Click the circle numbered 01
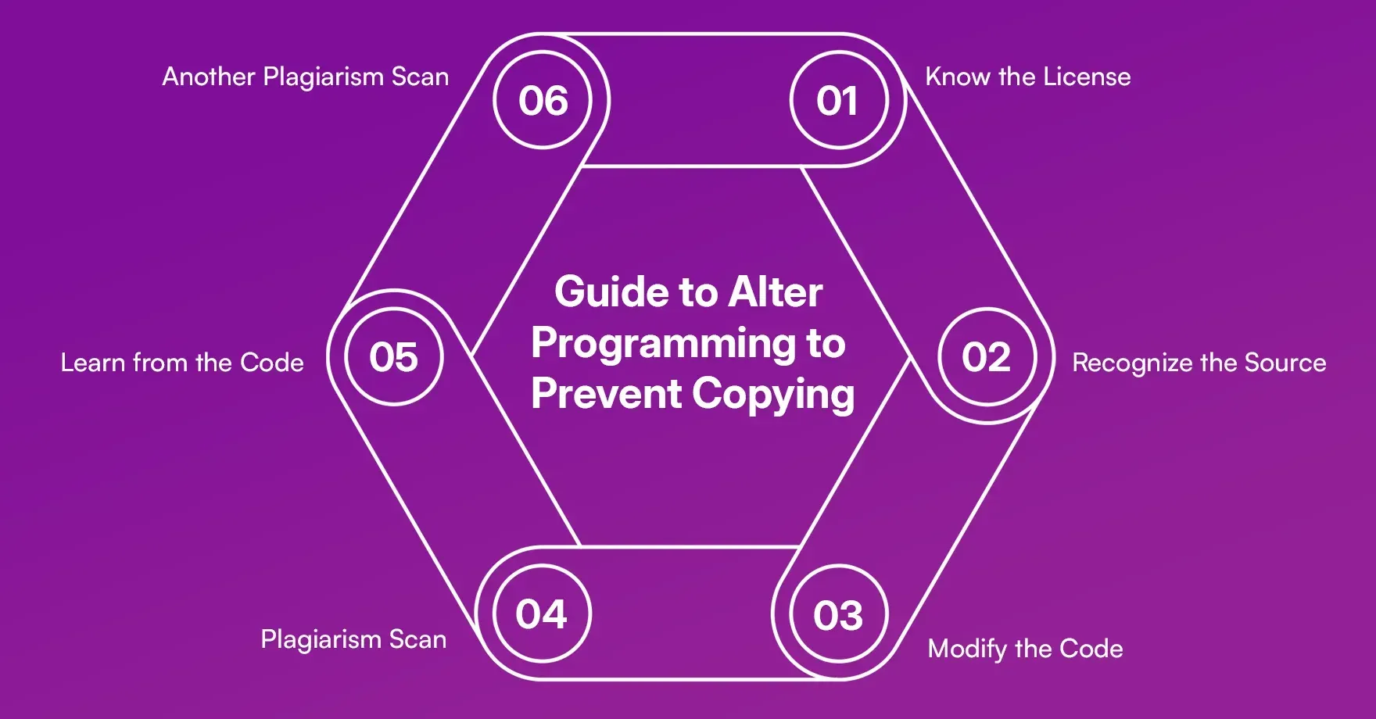(838, 101)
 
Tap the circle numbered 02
(987, 357)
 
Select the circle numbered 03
(838, 614)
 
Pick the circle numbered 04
(542, 613)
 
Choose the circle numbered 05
(394, 357)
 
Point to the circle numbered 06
(543, 101)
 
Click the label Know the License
(1027, 77)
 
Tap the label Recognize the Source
(1199, 363)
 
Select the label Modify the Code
(1025, 649)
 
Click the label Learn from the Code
(182, 363)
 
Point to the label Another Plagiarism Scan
(306, 77)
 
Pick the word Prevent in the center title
(606, 393)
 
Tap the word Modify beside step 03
(967, 649)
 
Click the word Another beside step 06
(209, 77)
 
